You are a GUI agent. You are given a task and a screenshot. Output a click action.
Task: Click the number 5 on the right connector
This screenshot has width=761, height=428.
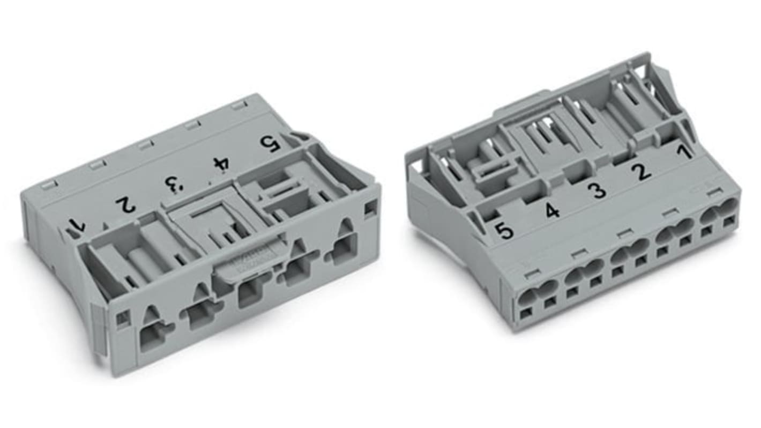click(x=504, y=231)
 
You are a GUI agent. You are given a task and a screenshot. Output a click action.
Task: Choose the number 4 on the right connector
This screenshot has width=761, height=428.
click(x=553, y=211)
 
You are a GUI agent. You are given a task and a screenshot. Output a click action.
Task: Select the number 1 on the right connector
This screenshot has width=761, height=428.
click(x=683, y=152)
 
